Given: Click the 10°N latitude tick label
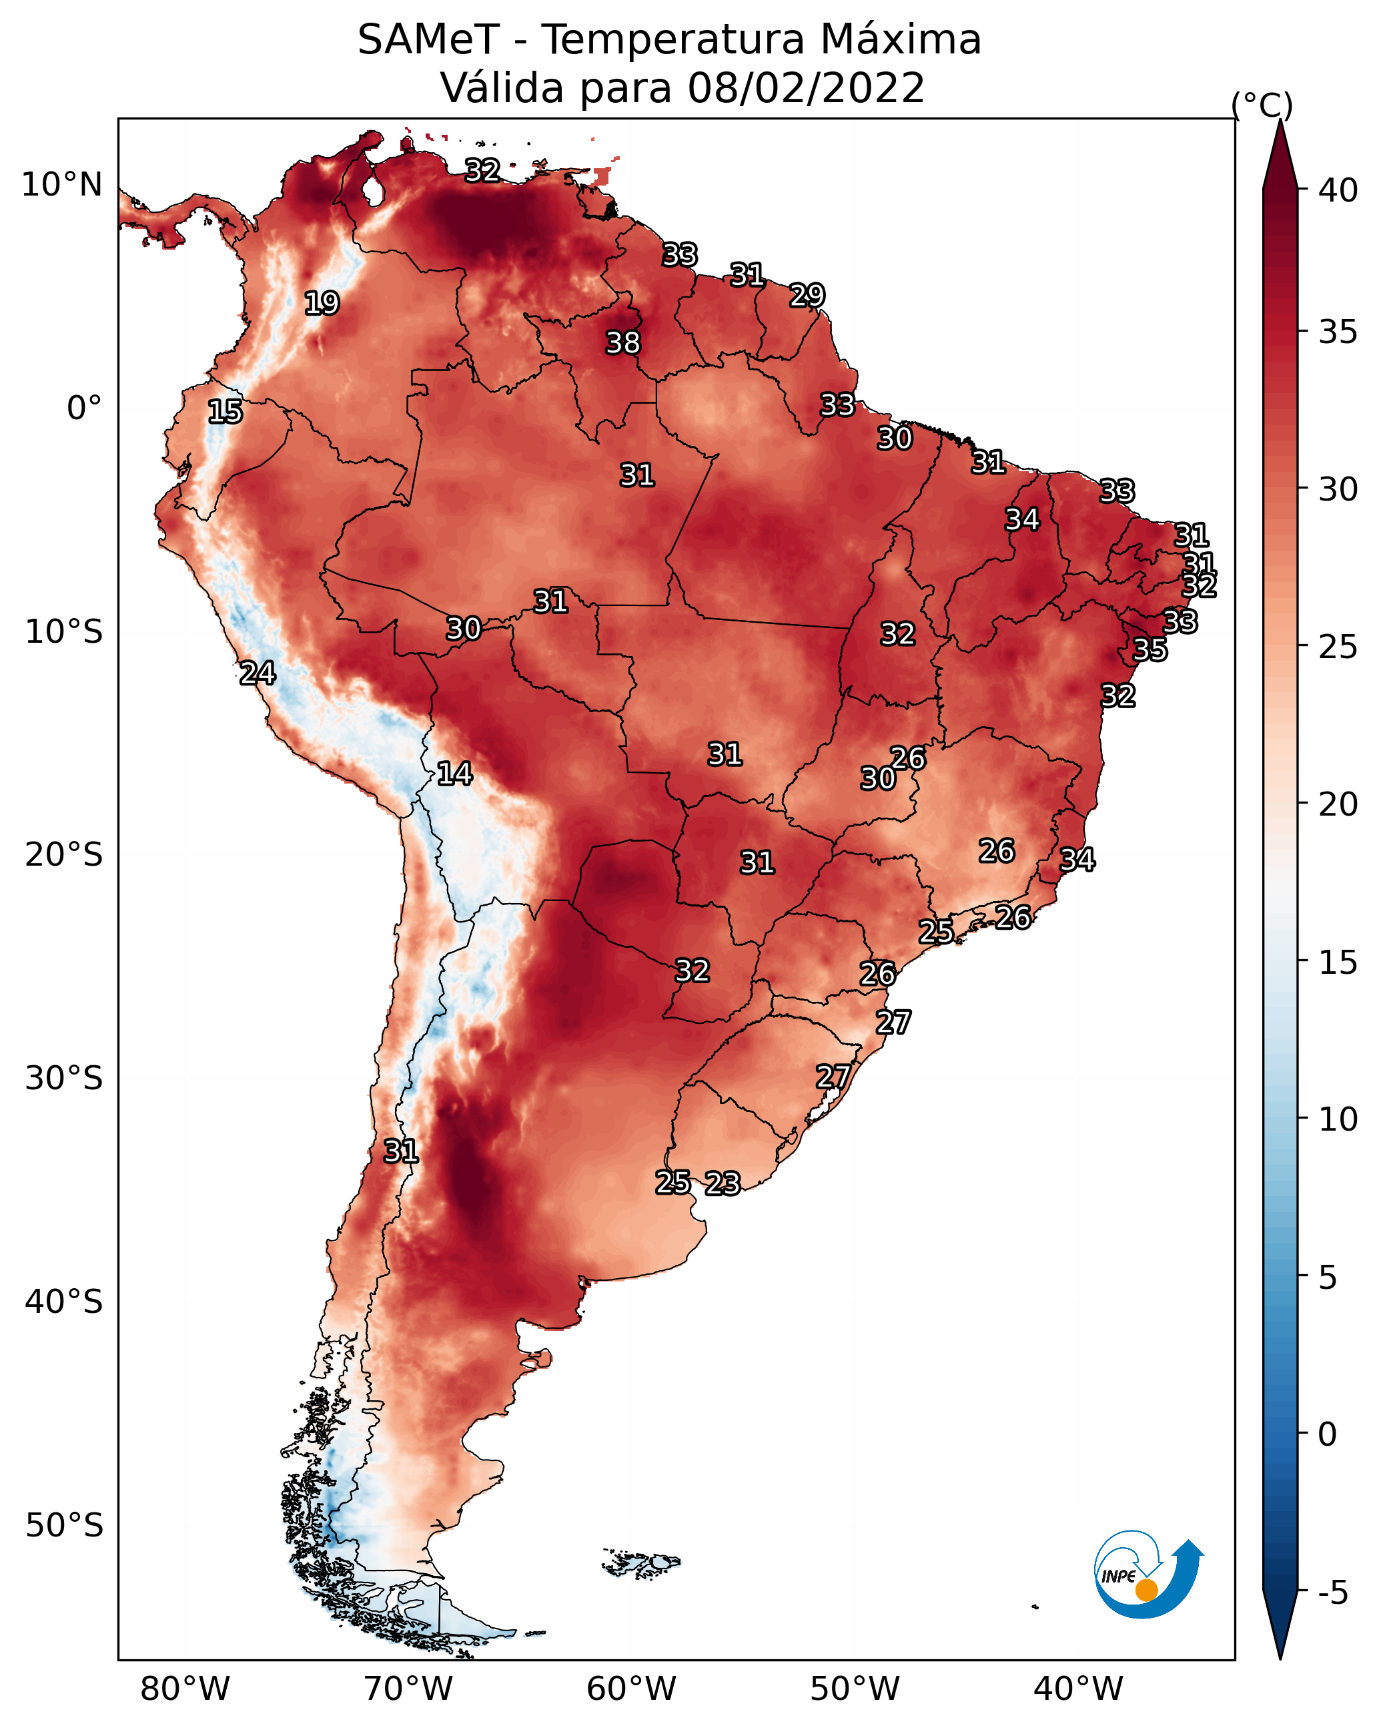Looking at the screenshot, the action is (x=61, y=185).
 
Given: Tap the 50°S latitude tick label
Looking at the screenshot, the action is (x=64, y=1526).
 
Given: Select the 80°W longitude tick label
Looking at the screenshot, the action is (x=185, y=1689).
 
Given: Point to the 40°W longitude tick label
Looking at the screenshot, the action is (x=1078, y=1689).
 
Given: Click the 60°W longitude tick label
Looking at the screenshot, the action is (x=632, y=1689).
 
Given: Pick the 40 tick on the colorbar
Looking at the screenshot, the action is (x=1338, y=190).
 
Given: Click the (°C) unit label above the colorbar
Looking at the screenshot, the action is (x=1262, y=105).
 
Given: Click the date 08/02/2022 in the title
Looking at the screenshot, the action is (x=806, y=88).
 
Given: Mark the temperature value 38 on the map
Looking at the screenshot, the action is (x=624, y=342).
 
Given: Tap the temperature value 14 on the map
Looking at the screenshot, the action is (x=454, y=774).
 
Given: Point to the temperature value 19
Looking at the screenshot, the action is (x=322, y=304).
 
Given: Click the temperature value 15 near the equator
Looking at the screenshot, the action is (x=225, y=412).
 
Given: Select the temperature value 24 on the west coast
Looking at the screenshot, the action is (x=258, y=673).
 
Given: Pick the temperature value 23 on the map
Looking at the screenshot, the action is (x=723, y=1183).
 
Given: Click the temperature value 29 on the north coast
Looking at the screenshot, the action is (x=807, y=296).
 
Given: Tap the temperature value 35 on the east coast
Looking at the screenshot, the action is (x=1150, y=650).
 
